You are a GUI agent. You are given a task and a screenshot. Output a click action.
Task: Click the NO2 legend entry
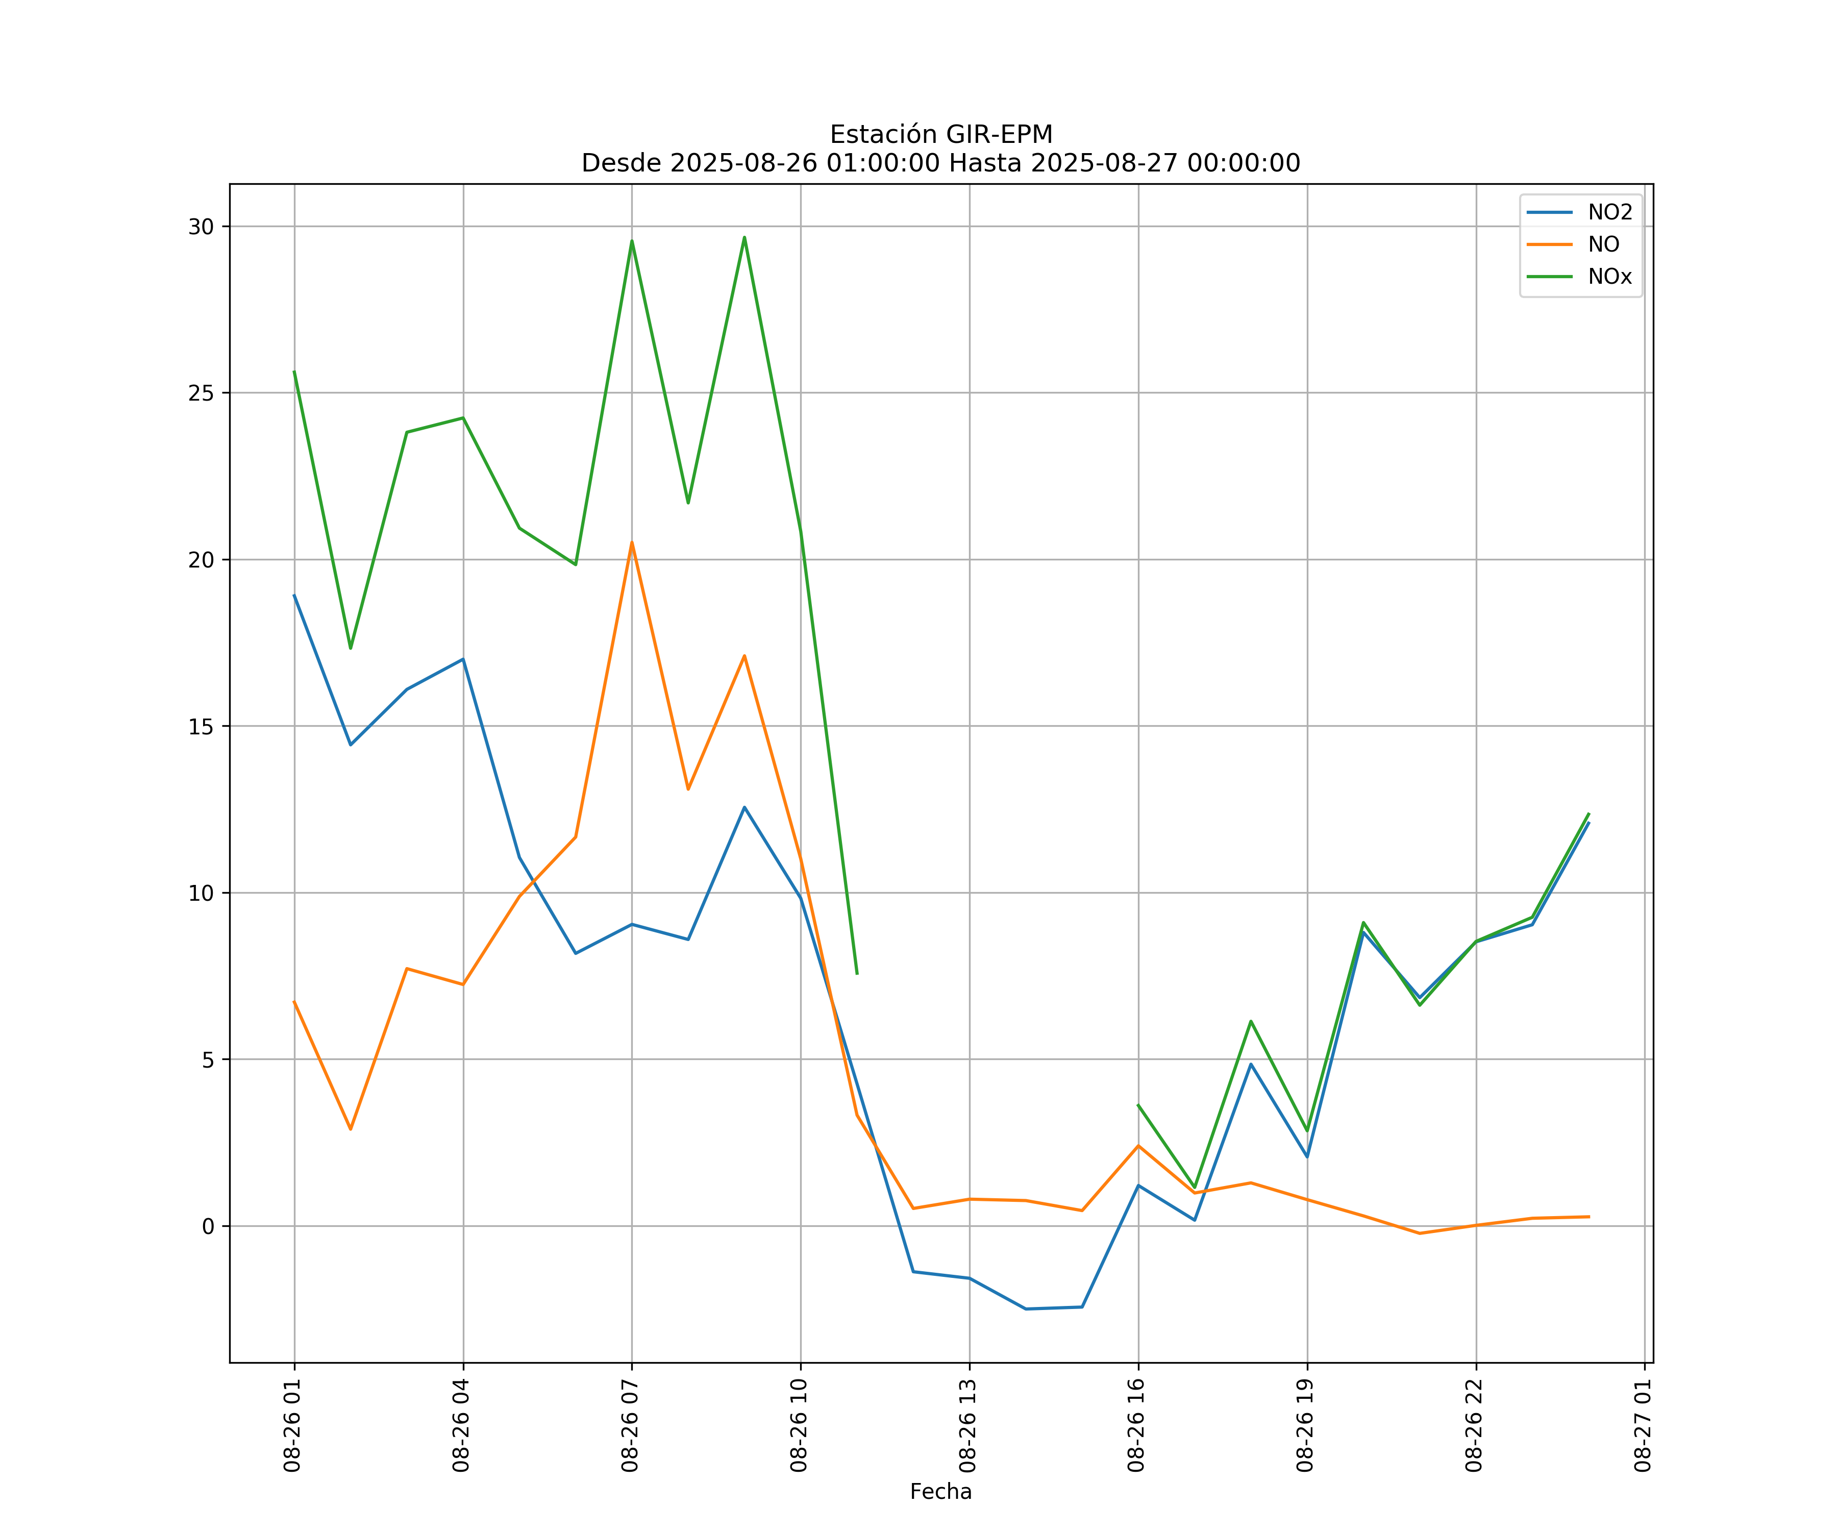pos(1609,213)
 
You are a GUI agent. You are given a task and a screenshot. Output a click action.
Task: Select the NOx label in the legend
pos(1609,277)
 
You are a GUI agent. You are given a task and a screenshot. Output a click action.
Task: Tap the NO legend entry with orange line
pos(1603,245)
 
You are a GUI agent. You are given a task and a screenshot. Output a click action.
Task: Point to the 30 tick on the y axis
pos(201,227)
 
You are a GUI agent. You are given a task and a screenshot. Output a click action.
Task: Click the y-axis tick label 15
pos(201,726)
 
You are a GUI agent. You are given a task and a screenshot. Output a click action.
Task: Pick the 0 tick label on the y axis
pos(208,1226)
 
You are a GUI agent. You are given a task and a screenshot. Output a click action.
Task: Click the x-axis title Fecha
pos(940,1492)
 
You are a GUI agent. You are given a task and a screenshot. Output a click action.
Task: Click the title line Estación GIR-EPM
pos(940,135)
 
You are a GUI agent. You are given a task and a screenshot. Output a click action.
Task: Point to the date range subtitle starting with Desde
pos(940,163)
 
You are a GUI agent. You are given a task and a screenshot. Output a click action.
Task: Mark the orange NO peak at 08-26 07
pos(632,542)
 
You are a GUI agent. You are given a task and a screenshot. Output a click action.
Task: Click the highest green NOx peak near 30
pos(744,237)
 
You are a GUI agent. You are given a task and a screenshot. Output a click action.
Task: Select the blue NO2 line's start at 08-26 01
pos(294,595)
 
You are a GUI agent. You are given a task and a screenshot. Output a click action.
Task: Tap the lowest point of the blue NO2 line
pos(1025,1309)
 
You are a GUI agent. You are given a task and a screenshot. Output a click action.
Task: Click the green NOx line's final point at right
pos(1588,813)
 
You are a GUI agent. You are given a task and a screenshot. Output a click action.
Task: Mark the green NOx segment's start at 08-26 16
pos(1138,1105)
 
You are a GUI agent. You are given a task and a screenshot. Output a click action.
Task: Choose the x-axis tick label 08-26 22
pos(1475,1425)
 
